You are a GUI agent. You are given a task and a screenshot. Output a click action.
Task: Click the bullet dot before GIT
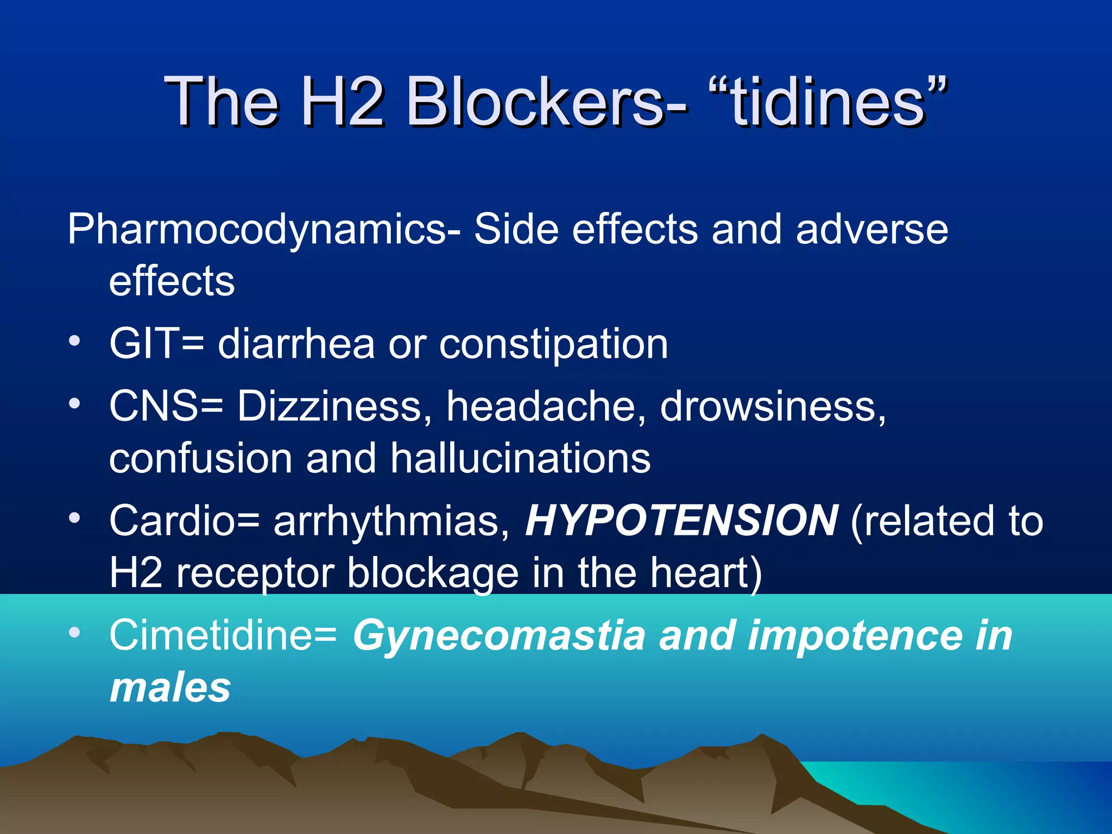tap(75, 342)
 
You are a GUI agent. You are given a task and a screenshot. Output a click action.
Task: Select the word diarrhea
tap(296, 344)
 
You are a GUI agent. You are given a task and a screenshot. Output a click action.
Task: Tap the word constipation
tap(553, 345)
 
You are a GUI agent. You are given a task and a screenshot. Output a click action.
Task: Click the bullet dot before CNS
tap(75, 403)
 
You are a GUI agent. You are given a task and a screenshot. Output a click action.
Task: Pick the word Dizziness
tap(330, 406)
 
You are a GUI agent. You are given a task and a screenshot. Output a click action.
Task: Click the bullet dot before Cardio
tap(75, 518)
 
